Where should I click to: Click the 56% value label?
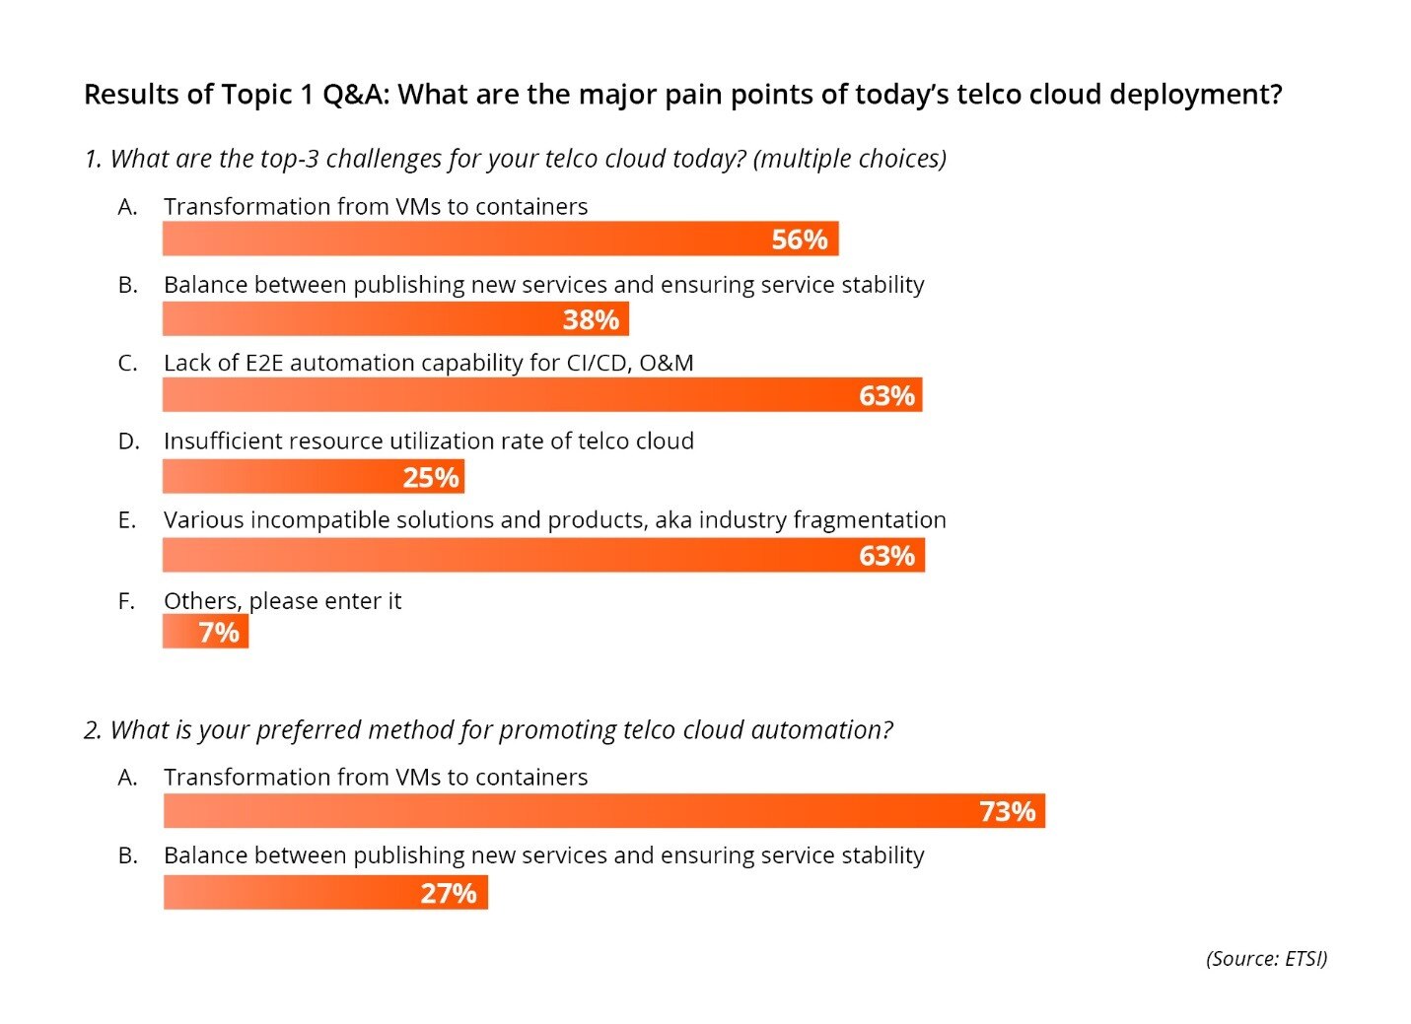[x=799, y=239]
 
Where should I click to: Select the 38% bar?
[x=394, y=319]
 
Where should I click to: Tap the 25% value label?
[x=431, y=478]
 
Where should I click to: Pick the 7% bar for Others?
[x=205, y=632]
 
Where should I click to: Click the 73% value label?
[x=1007, y=812]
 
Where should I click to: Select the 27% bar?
[x=325, y=893]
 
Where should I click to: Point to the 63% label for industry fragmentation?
[x=886, y=556]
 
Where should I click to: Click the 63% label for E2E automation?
[x=886, y=396]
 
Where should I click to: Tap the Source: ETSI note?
[x=1266, y=959]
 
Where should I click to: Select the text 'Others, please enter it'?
[x=282, y=601]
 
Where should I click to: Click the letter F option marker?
[x=126, y=601]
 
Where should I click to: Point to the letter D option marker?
[x=128, y=442]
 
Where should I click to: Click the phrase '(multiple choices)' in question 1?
[x=849, y=159]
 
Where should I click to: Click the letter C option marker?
[x=127, y=363]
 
